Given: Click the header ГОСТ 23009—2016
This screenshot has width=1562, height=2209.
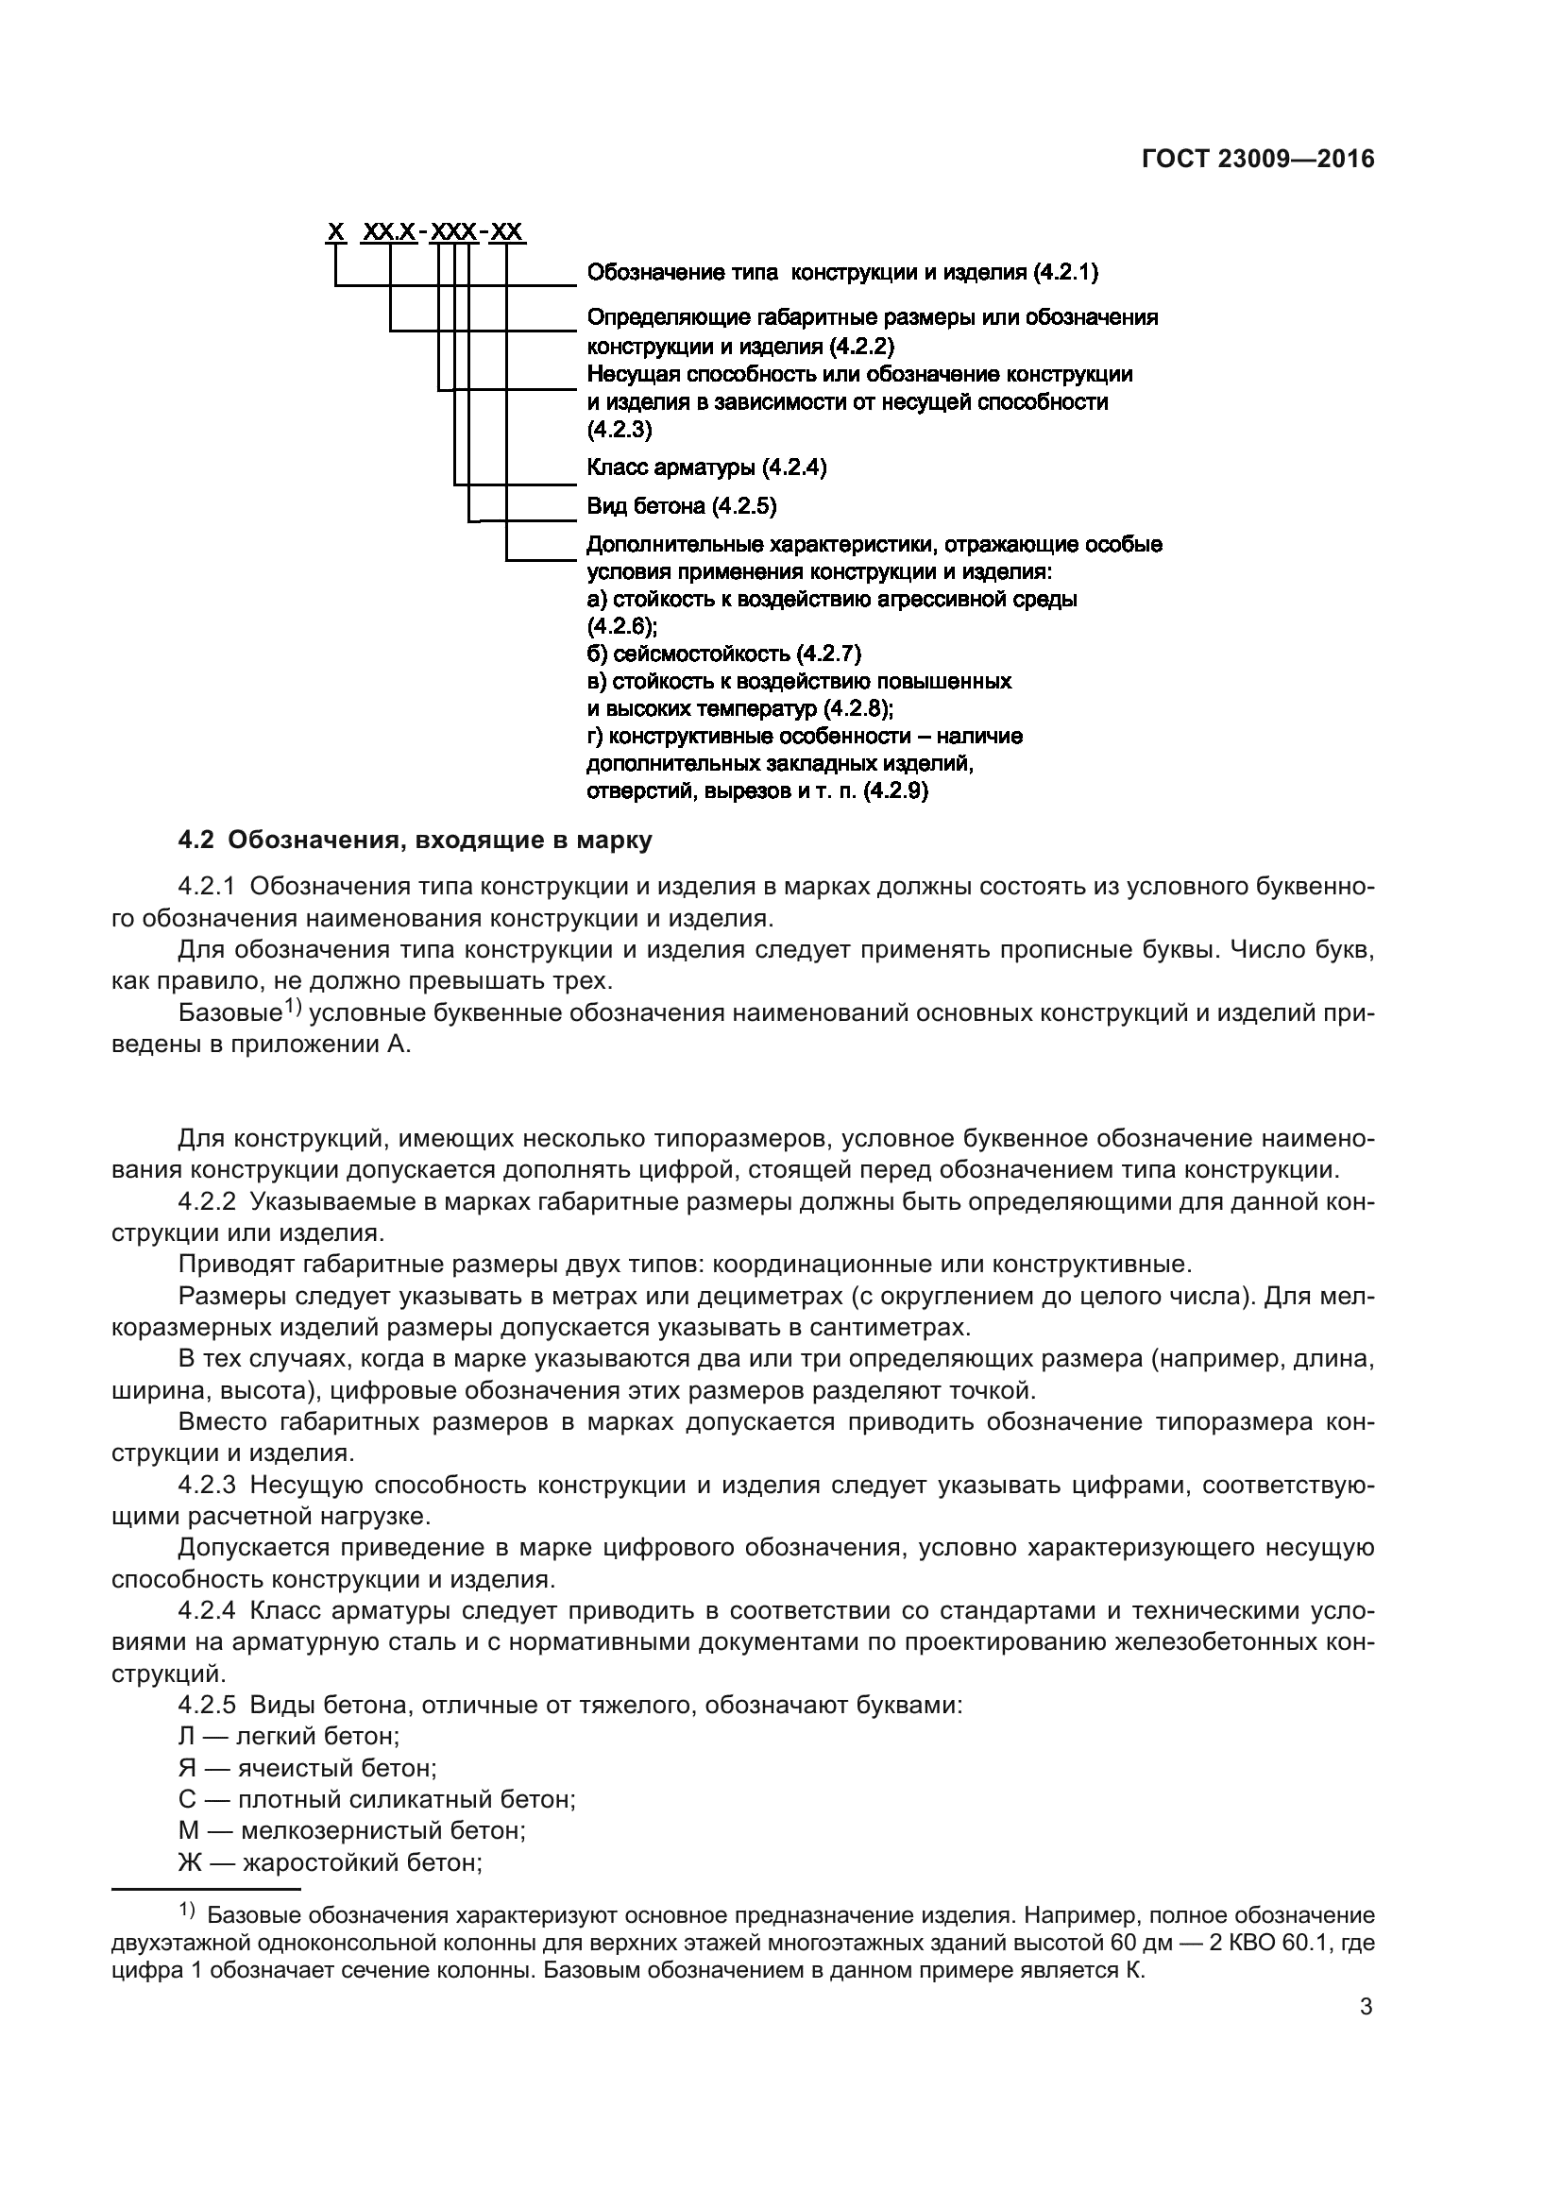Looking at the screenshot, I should [x=1258, y=160].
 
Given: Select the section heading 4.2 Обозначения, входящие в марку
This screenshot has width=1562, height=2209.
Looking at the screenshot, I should [x=416, y=840].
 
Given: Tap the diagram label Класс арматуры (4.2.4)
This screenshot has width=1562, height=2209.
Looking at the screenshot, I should [x=707, y=468].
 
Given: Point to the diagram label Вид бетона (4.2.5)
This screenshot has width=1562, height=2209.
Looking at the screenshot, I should [x=682, y=506].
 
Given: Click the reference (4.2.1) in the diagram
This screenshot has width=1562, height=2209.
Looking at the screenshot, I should [x=1065, y=273].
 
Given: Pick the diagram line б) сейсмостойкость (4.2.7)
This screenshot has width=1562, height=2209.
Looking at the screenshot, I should [x=724, y=654].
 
